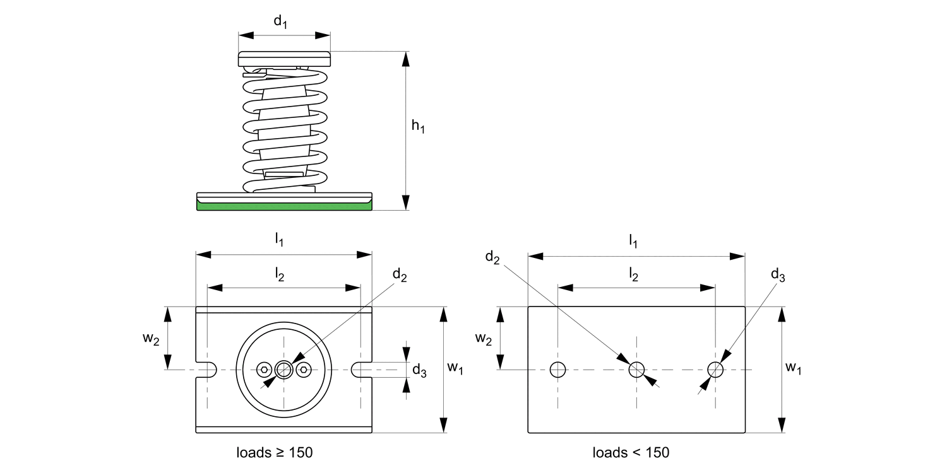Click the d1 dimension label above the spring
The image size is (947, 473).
point(280,22)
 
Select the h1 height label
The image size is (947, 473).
point(418,127)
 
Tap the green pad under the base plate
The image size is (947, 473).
point(284,206)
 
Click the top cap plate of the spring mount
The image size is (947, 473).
point(284,59)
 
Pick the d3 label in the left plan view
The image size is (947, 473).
point(419,371)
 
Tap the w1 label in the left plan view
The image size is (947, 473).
point(455,369)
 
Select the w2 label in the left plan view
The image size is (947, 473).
point(151,338)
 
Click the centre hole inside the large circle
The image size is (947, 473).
point(284,370)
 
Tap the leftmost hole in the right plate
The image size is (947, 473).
point(557,370)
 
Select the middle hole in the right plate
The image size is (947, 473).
point(636,370)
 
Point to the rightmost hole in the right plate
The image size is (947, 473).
point(715,370)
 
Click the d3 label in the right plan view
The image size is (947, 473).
point(778,274)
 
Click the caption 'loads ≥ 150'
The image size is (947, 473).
point(275,452)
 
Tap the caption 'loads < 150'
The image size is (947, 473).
point(631,452)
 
